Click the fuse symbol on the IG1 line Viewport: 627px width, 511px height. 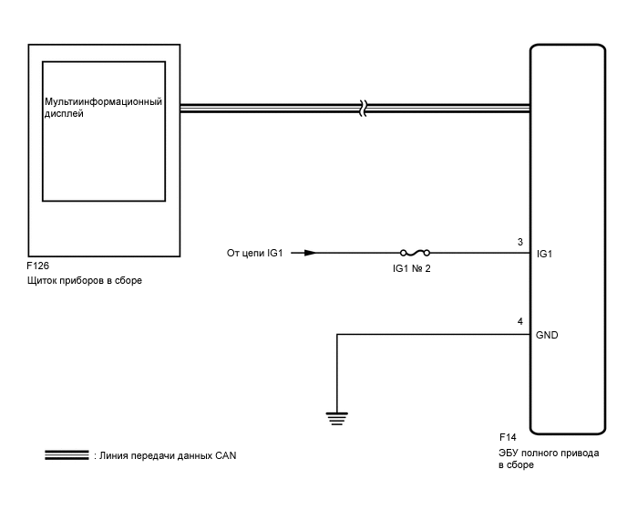(415, 253)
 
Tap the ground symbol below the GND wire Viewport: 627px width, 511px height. (337, 419)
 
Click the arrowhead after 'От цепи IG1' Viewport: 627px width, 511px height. (311, 253)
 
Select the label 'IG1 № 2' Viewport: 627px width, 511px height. (411, 268)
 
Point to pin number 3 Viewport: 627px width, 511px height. (519, 243)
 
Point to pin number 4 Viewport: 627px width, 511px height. (519, 322)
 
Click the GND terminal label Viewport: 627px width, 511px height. (548, 335)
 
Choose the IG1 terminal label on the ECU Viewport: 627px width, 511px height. (545, 254)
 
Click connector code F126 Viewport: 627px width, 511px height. (39, 266)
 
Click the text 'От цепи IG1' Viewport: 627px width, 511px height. (255, 253)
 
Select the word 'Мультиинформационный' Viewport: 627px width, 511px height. (103, 101)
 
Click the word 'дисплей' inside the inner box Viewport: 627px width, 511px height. (64, 115)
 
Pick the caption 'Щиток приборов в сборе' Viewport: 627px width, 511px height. (85, 280)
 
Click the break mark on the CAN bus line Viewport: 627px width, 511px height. (363, 108)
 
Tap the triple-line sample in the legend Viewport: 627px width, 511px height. (66, 454)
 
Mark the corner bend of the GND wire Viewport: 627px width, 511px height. (337, 335)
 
